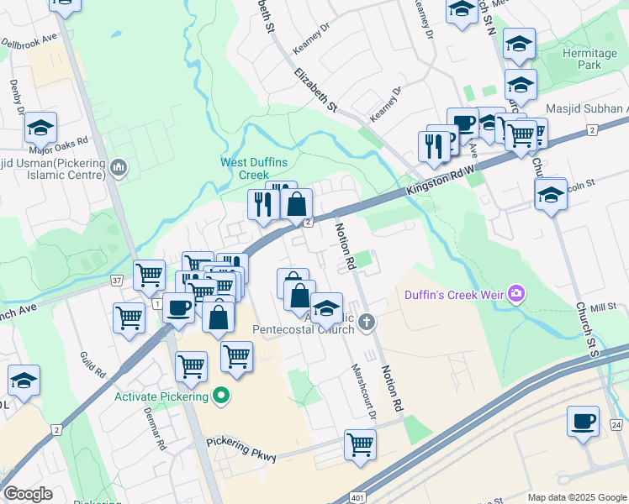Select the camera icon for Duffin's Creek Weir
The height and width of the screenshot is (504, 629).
click(516, 294)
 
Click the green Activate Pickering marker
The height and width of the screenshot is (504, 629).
click(221, 395)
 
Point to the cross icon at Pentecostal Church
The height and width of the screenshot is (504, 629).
click(366, 322)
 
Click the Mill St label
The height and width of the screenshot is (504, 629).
click(603, 308)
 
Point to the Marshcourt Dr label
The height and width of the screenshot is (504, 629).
click(371, 395)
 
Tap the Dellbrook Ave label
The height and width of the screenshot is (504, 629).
click(29, 39)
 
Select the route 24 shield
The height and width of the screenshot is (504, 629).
click(616, 426)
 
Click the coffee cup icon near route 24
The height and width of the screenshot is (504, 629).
click(583, 420)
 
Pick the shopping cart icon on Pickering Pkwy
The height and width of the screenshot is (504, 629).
click(360, 443)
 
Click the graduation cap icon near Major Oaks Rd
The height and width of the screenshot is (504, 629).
click(40, 129)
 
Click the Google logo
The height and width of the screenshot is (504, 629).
click(28, 494)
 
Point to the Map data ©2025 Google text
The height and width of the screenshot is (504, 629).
click(576, 497)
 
